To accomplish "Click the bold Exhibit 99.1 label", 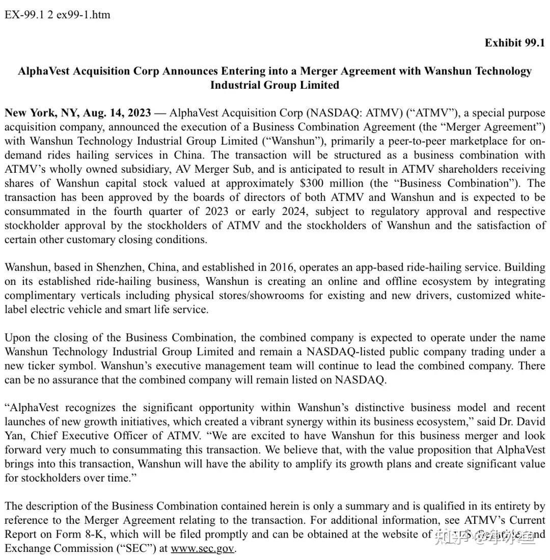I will (514, 43).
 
